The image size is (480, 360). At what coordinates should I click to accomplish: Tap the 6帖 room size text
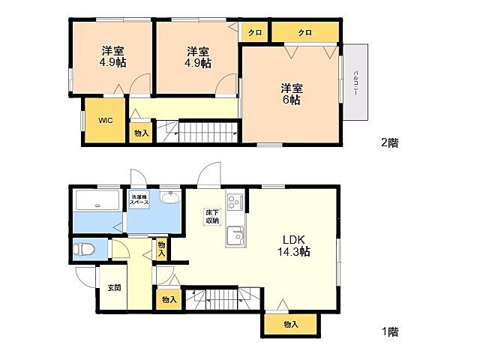click(291, 100)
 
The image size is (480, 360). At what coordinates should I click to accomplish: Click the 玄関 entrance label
click(113, 286)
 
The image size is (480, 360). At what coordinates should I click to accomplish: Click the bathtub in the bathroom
click(98, 202)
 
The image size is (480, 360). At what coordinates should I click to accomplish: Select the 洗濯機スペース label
click(140, 199)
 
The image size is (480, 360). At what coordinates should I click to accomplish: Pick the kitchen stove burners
click(235, 202)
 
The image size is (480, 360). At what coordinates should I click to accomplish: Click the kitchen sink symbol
click(235, 236)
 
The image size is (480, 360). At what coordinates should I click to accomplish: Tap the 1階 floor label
click(389, 330)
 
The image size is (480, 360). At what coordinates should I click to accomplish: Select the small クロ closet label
click(254, 32)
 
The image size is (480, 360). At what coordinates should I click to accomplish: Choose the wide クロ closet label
click(304, 32)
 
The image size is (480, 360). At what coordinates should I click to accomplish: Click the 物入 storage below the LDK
click(291, 324)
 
